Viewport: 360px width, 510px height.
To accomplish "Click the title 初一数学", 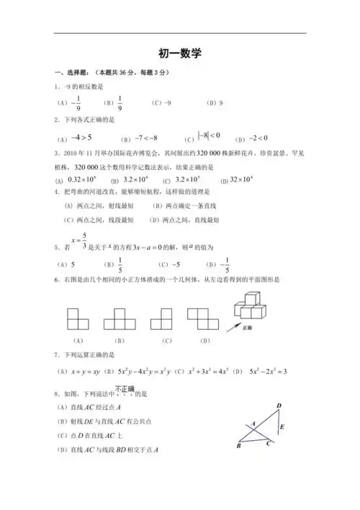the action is pos(180,53).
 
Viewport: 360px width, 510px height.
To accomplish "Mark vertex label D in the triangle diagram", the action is pos(279,408).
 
